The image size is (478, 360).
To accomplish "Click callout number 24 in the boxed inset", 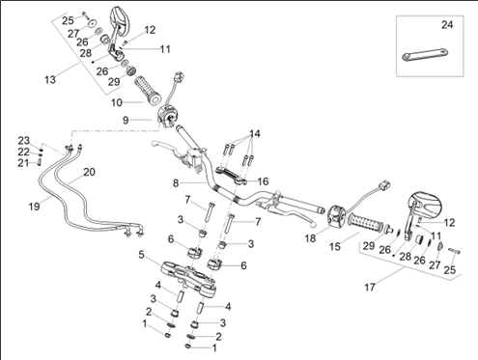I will [446, 24].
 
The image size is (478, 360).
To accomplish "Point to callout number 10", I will [115, 101].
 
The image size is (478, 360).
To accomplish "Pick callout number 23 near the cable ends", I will [23, 140].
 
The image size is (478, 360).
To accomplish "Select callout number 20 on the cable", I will [90, 172].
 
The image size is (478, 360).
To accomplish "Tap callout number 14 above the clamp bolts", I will [254, 133].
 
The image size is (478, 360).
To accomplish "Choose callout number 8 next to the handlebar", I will [175, 182].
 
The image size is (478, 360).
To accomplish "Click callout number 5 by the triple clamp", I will [141, 255].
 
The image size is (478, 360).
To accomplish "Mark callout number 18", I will [310, 237].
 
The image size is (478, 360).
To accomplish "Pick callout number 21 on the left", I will [23, 162].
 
